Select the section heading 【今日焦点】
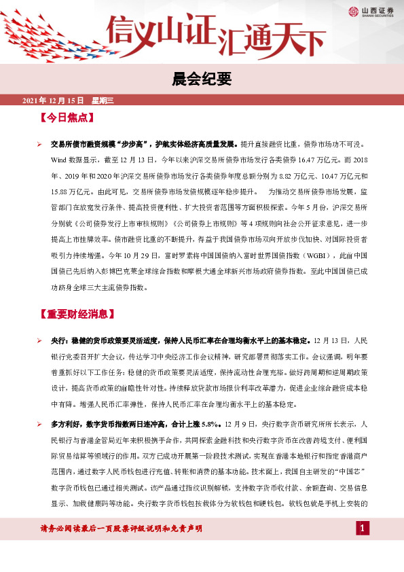[67, 118]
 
